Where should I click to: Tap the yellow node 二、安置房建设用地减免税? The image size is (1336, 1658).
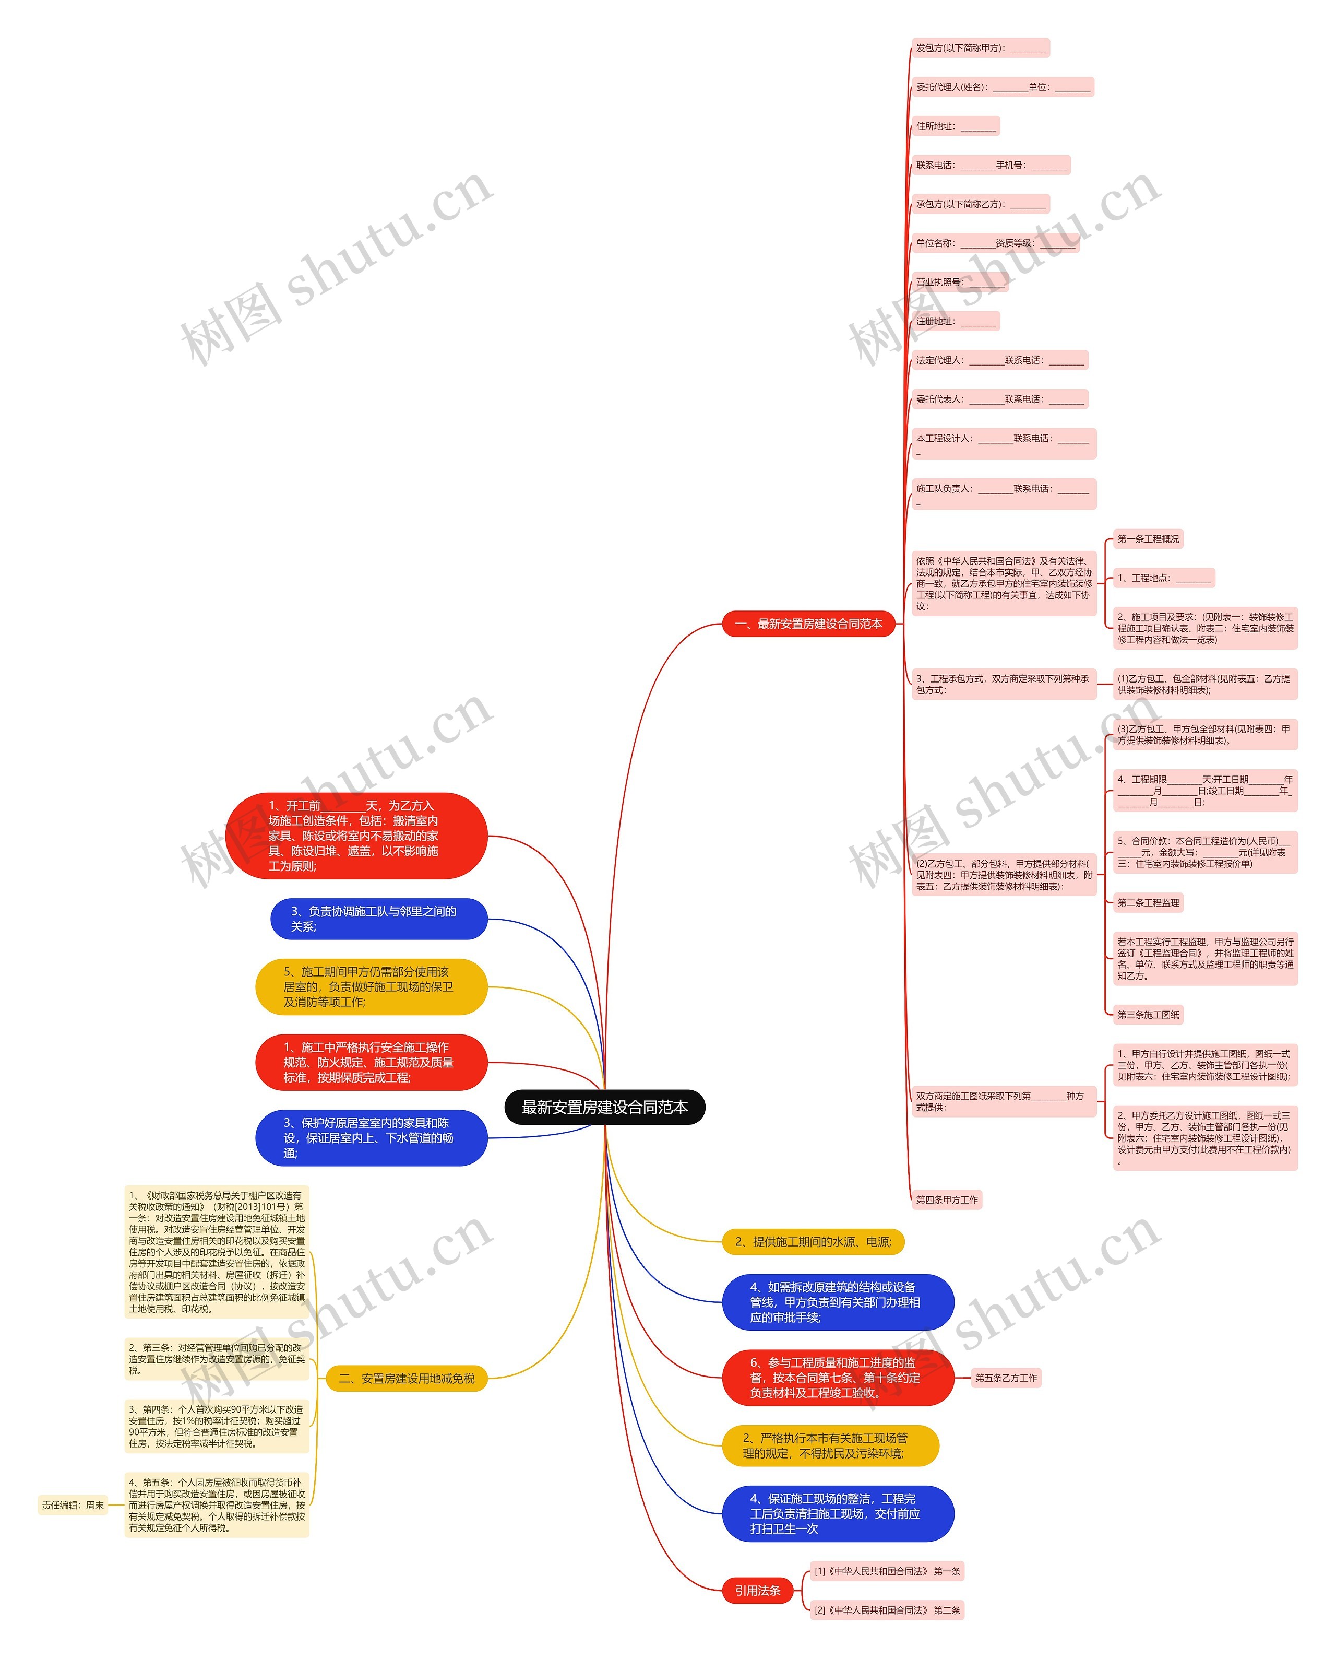pos(407,1379)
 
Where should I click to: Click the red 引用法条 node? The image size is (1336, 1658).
pos(757,1590)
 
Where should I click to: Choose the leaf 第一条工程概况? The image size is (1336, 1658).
pos(1148,539)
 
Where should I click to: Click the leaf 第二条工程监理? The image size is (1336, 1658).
pos(1148,902)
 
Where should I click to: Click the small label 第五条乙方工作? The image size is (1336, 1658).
pos(1006,1378)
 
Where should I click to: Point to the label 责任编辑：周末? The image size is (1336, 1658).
pos(73,1505)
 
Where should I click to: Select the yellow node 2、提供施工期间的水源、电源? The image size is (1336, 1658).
pos(813,1241)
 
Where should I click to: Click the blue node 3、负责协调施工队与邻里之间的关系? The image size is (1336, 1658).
pos(379,919)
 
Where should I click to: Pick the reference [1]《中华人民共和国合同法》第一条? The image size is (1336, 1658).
pos(887,1571)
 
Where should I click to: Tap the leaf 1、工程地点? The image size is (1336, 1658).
pos(1164,578)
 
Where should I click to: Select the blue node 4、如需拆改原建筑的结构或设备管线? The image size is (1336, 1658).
pos(837,1302)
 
